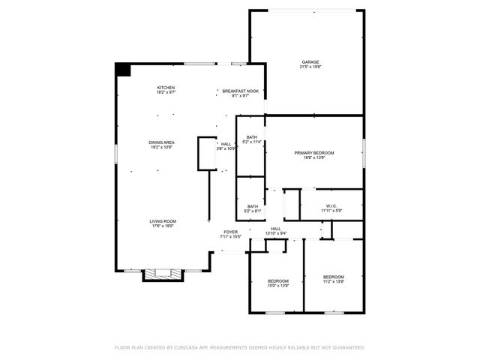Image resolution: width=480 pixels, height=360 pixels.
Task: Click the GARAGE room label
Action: tap(310, 61)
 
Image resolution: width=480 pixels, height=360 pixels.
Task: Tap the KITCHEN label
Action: tap(166, 87)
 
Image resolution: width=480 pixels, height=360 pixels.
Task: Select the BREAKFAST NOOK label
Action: tap(240, 91)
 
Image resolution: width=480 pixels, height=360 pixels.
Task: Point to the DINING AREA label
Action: tap(161, 142)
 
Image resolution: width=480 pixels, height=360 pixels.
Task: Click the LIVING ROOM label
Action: tap(163, 221)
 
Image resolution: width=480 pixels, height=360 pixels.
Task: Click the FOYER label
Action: tap(231, 232)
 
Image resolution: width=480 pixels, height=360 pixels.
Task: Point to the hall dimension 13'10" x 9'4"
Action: tap(276, 233)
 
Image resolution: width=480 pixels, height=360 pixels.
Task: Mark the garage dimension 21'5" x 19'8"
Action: tap(310, 67)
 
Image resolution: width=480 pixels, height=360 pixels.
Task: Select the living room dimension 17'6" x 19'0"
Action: tap(163, 226)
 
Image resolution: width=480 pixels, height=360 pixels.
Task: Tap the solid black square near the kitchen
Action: tap(123, 69)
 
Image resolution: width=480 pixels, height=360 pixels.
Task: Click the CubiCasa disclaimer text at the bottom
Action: tap(240, 348)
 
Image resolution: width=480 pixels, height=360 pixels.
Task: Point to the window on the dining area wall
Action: tap(116, 151)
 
